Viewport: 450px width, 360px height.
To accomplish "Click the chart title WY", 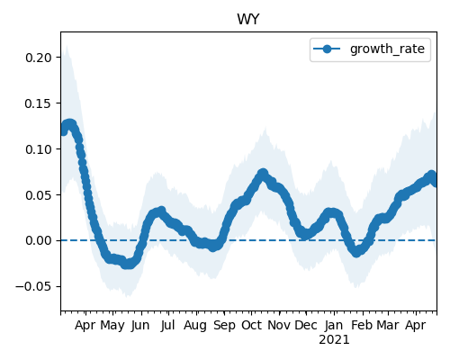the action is click(x=248, y=20).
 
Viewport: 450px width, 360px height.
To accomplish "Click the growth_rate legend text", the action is click(x=387, y=49).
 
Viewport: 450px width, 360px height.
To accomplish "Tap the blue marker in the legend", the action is click(x=327, y=49).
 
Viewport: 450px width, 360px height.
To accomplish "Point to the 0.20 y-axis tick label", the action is click(x=39, y=58).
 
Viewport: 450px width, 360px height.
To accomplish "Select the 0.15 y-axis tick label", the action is click(x=39, y=103).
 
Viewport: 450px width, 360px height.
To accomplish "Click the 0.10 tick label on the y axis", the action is click(x=39, y=149).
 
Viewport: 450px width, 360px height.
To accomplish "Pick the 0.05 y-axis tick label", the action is click(x=39, y=195).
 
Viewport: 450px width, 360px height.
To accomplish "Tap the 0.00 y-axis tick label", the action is click(x=39, y=240).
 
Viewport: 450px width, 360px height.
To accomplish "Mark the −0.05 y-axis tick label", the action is click(x=34, y=286).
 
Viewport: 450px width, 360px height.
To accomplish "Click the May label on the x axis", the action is click(x=112, y=326).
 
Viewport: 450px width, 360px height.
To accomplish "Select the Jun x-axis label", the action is click(x=140, y=325).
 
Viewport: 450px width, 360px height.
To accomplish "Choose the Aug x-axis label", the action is click(x=195, y=326).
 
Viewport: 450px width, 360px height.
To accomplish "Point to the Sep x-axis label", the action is click(x=224, y=326).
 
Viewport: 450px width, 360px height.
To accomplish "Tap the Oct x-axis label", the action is click(x=251, y=325).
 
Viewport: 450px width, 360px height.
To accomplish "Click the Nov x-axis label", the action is click(x=279, y=325).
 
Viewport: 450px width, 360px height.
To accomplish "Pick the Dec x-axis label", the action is click(x=306, y=325).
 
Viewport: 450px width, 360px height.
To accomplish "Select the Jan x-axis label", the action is click(x=334, y=325).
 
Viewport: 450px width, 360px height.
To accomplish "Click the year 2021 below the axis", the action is click(x=334, y=340).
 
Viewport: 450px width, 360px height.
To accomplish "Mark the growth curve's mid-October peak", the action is click(x=263, y=174).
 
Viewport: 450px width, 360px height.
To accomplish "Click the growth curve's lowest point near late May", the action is click(x=128, y=264).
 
